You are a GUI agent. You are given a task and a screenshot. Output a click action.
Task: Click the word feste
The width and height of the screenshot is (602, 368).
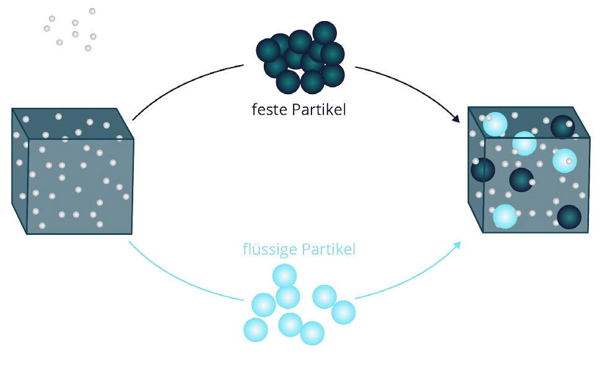(x=268, y=110)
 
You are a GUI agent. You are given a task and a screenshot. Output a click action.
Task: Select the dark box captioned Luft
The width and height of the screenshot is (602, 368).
(x=72, y=170)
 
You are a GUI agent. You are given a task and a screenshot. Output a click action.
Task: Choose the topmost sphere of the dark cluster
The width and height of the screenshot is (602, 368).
(x=324, y=32)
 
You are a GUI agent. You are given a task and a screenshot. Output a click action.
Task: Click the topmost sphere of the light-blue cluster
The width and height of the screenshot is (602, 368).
(x=285, y=275)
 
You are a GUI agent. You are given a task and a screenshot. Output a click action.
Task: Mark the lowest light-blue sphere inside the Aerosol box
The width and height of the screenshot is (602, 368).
(x=505, y=216)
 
